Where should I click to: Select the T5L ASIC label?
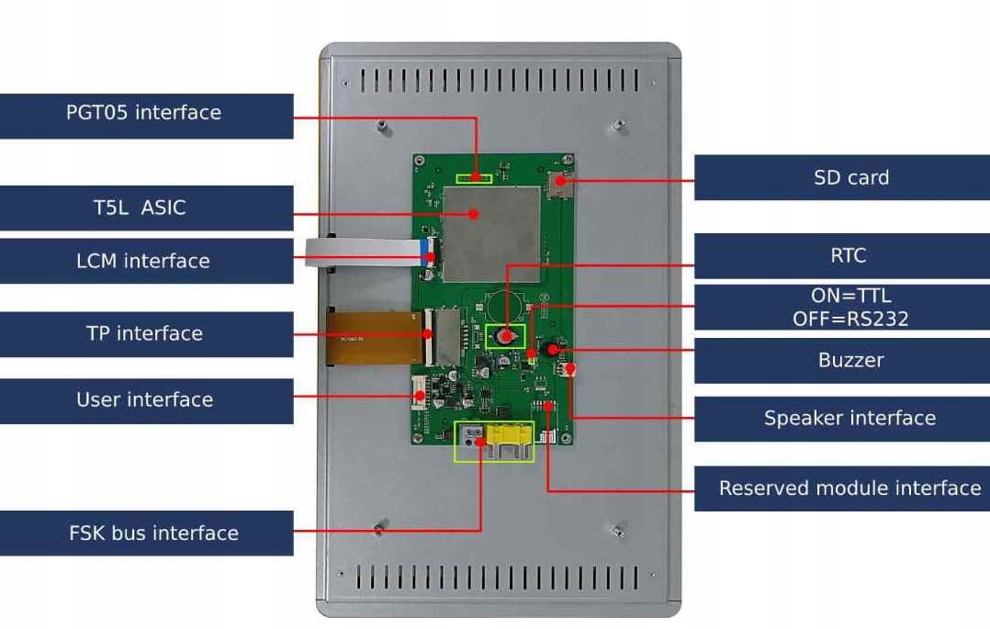point(145,208)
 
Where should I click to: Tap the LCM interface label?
point(145,261)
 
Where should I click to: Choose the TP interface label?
point(145,333)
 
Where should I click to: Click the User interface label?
point(145,400)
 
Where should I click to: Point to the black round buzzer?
point(551,349)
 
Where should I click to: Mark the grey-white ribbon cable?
point(363,252)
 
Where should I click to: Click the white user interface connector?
point(420,398)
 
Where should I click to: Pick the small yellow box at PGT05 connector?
point(475,176)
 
